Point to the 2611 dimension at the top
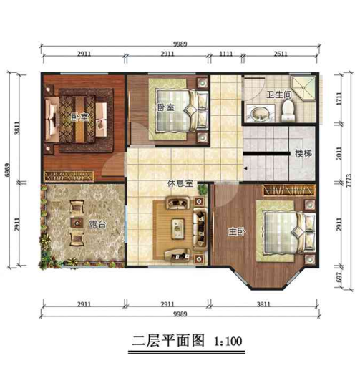[x=281, y=54]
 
